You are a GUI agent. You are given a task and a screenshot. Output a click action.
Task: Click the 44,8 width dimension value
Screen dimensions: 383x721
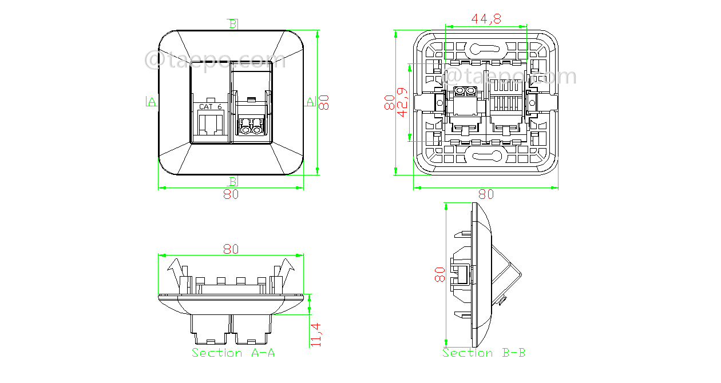486,19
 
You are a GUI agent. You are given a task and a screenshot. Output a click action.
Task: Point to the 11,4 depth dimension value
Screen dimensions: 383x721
316,334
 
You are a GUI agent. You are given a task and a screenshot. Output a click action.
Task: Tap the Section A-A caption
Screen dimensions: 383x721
233,353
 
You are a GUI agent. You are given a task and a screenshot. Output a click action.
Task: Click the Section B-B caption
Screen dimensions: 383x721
484,353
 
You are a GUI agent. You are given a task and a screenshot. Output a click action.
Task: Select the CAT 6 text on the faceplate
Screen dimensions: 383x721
210,106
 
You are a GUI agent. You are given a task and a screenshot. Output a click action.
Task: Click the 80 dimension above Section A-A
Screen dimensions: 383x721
231,249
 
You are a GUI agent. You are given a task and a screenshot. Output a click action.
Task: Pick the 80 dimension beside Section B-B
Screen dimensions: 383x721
439,274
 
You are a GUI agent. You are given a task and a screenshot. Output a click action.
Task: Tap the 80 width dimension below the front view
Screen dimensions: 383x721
231,194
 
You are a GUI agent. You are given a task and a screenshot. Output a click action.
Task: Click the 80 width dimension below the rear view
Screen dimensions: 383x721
486,194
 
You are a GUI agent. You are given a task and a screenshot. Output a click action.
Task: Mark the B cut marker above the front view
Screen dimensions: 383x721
233,24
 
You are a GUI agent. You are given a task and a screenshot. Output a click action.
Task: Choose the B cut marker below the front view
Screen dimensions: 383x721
233,181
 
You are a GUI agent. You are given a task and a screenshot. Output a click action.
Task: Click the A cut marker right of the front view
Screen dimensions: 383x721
310,102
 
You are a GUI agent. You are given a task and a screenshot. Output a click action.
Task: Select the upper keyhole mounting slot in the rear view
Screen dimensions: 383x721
484,49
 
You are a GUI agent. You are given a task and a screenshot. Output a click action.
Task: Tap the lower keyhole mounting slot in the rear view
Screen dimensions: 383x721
484,155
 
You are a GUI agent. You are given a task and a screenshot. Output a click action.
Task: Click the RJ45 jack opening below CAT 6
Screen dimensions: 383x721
210,124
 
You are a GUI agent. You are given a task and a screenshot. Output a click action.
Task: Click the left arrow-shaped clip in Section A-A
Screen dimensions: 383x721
176,268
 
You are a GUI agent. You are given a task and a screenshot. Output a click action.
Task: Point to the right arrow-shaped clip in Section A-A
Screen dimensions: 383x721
286,268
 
